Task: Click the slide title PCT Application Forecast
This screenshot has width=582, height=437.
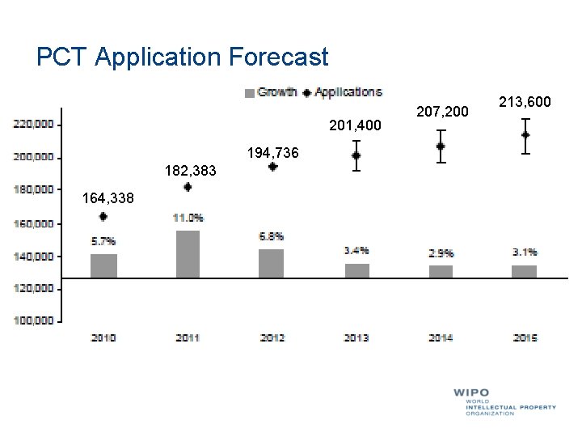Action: click(183, 57)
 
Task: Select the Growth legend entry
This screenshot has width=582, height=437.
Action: click(272, 92)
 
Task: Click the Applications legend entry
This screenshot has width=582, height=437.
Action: click(343, 92)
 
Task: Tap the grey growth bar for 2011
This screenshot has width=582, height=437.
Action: click(188, 254)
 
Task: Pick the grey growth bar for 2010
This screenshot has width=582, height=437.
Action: click(103, 265)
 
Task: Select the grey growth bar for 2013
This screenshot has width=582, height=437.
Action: click(356, 270)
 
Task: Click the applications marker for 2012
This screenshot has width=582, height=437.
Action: click(272, 167)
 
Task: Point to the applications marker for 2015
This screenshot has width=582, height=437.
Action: click(525, 135)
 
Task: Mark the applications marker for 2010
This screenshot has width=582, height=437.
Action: click(103, 217)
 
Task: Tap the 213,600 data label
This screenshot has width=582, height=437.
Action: click(525, 102)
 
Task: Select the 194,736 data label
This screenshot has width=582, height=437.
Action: click(272, 153)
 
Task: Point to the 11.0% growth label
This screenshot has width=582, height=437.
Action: click(188, 218)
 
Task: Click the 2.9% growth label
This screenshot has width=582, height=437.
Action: click(441, 253)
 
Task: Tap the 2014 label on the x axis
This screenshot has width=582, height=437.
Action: click(441, 337)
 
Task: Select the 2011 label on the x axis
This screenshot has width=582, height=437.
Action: click(188, 337)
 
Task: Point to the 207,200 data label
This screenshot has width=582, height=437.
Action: click(441, 111)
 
